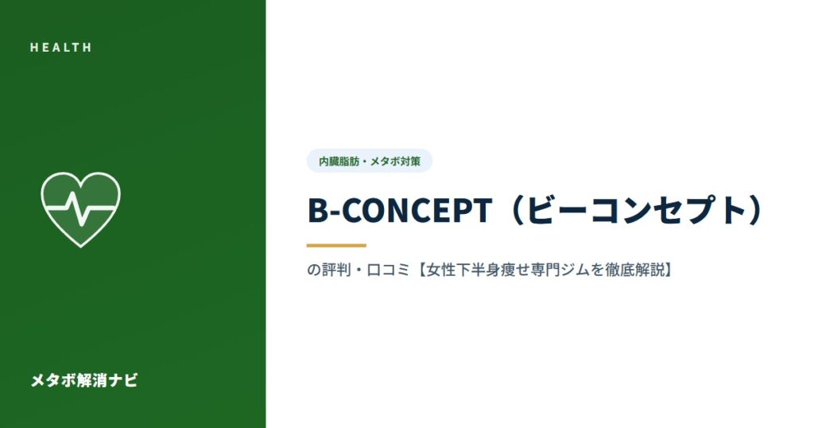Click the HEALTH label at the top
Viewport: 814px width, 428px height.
coord(60,47)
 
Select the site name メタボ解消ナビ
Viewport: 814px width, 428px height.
coord(84,380)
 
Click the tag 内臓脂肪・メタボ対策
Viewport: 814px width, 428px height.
coord(369,161)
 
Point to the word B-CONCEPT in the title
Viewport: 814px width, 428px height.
coord(399,210)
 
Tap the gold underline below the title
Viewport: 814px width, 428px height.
coord(336,245)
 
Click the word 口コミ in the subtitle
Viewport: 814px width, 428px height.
coord(388,270)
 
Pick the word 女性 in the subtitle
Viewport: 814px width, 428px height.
coord(440,270)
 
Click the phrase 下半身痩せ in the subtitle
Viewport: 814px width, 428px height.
coord(493,270)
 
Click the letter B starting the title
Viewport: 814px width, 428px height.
coord(316,211)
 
